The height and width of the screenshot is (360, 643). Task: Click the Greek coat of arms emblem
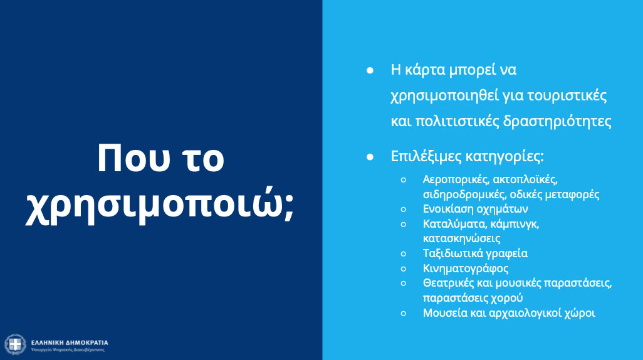coord(15,344)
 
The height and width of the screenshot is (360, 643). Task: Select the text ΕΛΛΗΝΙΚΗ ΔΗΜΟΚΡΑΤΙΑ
coord(70,342)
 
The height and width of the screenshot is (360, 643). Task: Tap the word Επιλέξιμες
coord(426,156)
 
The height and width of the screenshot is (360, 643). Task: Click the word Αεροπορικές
coord(456,180)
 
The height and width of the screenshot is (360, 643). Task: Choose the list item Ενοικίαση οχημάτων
coord(475,209)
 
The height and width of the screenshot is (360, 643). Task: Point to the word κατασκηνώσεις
coord(462,238)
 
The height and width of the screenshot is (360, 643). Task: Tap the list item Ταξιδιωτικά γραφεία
coord(475,253)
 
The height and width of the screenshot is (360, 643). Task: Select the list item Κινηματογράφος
coord(466,268)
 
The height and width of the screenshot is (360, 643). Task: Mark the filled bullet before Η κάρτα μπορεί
coord(370,71)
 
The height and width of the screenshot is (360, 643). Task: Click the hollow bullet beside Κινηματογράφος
coord(404,269)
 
